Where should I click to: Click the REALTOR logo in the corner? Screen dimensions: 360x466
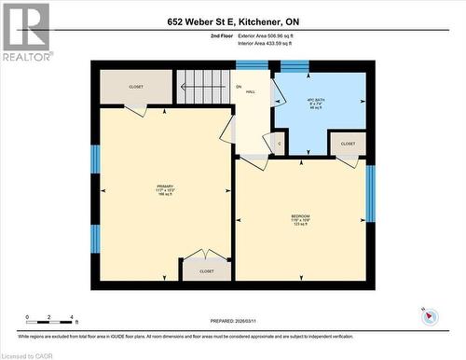(x=25, y=31)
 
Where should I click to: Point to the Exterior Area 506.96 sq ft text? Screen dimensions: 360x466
(x=265, y=36)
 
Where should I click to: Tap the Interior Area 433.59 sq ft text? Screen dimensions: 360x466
(x=265, y=44)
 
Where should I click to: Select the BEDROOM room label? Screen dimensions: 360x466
(x=300, y=218)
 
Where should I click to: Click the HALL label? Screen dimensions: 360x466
(x=250, y=90)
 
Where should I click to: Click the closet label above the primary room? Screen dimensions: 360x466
(x=136, y=87)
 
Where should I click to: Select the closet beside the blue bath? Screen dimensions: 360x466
(x=348, y=144)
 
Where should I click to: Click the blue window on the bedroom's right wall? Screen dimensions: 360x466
(x=370, y=194)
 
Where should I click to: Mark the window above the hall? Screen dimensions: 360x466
(x=252, y=65)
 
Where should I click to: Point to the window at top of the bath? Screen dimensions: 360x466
(x=295, y=65)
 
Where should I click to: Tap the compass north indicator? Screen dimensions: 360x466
(x=430, y=315)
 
